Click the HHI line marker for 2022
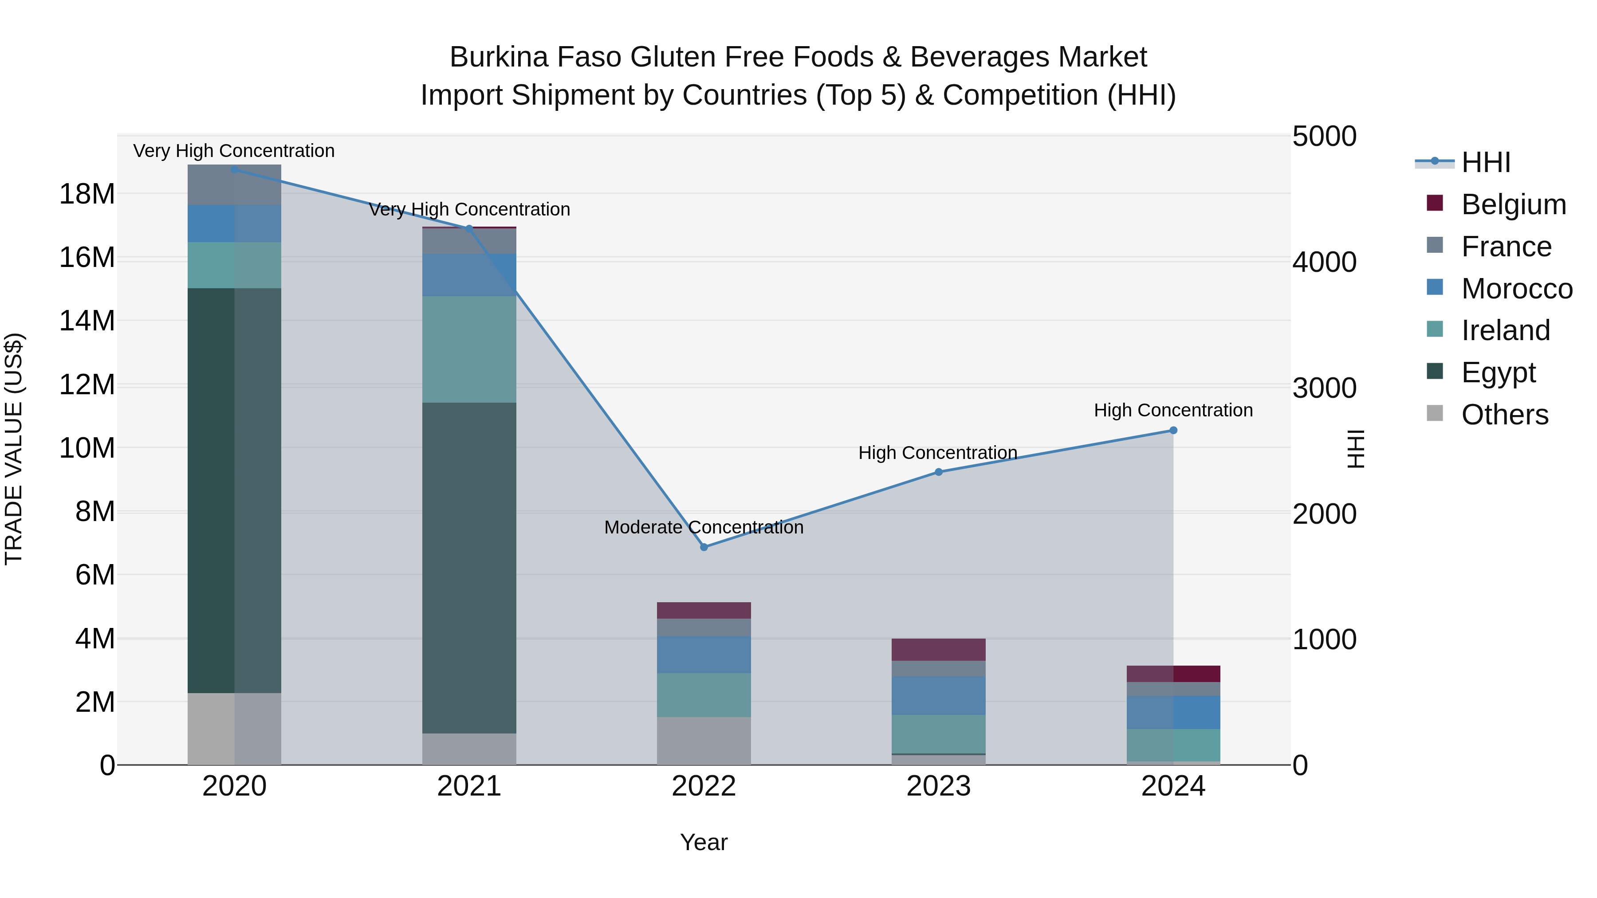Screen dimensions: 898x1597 tap(704, 547)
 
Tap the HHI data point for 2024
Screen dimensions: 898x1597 tap(1173, 430)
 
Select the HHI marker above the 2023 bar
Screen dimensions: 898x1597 tap(938, 472)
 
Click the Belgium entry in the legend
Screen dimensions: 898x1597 tap(1513, 204)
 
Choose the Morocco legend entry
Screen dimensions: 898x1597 tap(1516, 289)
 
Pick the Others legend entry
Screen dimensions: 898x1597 tap(1504, 415)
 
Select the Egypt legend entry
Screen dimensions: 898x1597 tap(1498, 373)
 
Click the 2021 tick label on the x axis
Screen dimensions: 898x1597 tap(469, 786)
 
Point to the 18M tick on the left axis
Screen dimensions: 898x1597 tap(87, 194)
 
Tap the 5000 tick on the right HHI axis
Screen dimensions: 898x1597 tap(1324, 137)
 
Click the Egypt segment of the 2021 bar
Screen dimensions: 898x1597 tap(469, 567)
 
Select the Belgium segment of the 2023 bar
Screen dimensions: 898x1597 tap(938, 650)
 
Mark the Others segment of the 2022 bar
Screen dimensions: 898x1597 tap(704, 741)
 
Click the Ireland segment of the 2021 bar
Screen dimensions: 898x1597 tap(469, 349)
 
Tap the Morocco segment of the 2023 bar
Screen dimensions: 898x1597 tap(938, 695)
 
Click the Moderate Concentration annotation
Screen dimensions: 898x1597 tap(704, 527)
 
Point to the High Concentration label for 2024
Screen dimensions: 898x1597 tap(1173, 410)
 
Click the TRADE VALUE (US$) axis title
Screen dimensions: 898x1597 tap(14, 449)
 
